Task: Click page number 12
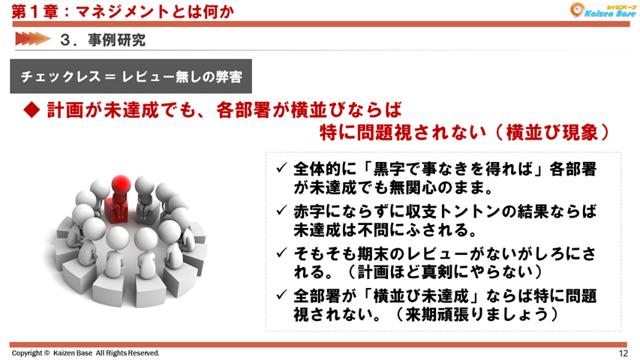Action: coord(623,352)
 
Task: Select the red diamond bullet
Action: coord(32,110)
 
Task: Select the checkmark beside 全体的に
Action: coord(281,169)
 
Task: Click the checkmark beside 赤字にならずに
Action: coord(281,211)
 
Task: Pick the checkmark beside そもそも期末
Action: coord(281,253)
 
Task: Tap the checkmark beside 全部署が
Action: coord(281,296)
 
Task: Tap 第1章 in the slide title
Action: coord(29,11)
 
